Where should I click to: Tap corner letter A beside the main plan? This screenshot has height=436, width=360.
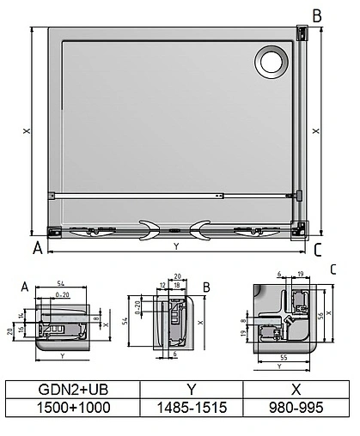point(37,249)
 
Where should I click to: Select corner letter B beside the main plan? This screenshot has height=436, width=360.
point(317,15)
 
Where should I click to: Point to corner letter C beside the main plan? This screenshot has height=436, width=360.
point(318,250)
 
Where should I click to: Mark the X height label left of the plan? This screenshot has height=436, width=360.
point(27,131)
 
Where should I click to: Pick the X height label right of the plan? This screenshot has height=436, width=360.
point(315,131)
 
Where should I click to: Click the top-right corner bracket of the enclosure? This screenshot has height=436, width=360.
point(301,33)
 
